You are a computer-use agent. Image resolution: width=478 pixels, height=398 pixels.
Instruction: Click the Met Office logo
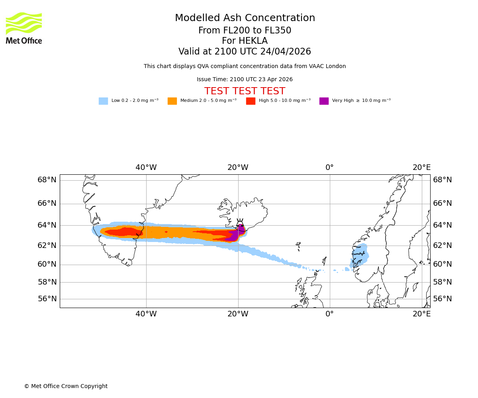coord(24,28)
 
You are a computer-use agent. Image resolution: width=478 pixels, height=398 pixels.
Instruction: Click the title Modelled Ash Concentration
coord(245,18)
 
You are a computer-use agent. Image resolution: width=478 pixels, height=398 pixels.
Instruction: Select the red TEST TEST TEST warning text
coord(245,92)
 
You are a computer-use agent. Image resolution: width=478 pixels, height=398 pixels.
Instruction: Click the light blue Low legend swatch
coord(103,101)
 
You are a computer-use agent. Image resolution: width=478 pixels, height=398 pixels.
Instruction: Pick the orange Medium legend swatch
coord(172,101)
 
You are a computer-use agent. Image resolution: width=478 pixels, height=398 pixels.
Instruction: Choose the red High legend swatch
coord(251,101)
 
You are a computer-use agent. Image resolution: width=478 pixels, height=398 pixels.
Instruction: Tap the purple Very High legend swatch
coord(324,101)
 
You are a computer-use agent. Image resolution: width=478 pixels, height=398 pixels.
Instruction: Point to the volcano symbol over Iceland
coord(240,223)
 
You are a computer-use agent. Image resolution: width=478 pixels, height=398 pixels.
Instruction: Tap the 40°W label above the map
coord(146,168)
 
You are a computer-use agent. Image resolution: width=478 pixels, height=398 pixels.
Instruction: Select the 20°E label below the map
coord(421,314)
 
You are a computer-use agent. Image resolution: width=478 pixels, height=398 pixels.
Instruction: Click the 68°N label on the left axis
coord(47,180)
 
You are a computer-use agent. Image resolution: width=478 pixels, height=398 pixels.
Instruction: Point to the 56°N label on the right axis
coord(443,299)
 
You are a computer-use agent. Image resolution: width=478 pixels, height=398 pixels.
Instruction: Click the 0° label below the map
coord(329,314)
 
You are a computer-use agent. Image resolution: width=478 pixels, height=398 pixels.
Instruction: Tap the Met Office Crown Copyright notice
coord(66,386)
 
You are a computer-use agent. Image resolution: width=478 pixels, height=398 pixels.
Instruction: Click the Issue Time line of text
coord(245,80)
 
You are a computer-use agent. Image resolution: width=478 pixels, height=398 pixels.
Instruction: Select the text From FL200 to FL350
coord(245,31)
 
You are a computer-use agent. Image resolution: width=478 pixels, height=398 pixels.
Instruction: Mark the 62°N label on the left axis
coord(47,246)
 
